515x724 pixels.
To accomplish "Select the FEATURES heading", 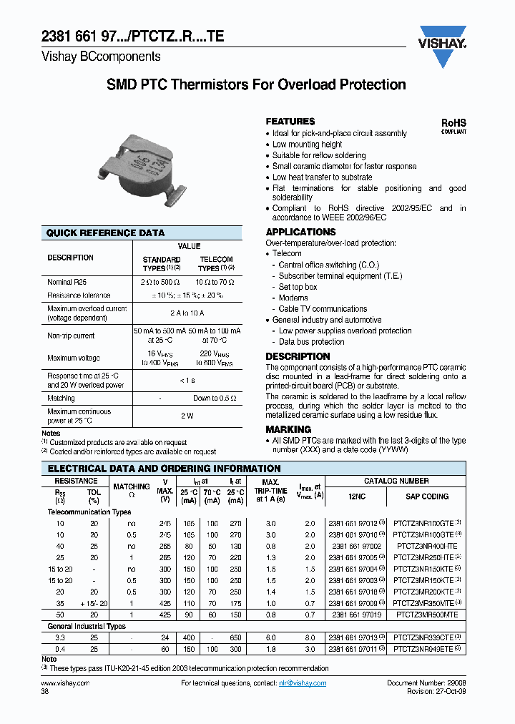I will (x=290, y=122).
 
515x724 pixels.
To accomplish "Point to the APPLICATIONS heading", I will (x=300, y=232).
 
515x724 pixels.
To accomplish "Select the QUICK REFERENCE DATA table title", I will (x=105, y=233).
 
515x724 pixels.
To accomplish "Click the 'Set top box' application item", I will (x=298, y=287).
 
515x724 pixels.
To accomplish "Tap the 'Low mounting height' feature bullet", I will (x=307, y=145).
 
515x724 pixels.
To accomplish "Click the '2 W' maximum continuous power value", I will (x=187, y=416).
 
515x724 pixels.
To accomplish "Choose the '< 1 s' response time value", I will (x=187, y=380).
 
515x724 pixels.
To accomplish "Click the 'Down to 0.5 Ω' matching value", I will (x=215, y=398).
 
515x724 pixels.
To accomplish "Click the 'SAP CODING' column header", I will (x=426, y=496).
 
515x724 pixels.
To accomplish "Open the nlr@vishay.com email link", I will (x=302, y=683).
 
